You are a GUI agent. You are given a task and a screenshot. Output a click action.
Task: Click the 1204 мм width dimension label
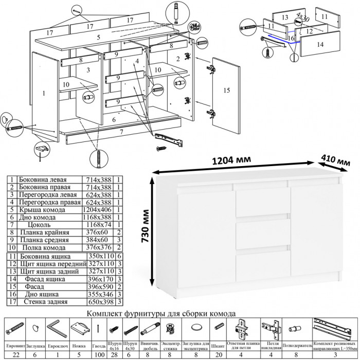pyautogui.click(x=232, y=160)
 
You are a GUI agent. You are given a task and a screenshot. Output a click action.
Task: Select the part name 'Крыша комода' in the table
pyautogui.click(x=41, y=210)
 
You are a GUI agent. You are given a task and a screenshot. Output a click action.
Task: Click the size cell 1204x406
pyautogui.click(x=99, y=210)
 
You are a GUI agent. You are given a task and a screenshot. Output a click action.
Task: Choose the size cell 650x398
pyautogui.click(x=99, y=300)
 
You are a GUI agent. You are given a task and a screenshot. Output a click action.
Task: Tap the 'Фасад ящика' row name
pyautogui.click(x=41, y=278)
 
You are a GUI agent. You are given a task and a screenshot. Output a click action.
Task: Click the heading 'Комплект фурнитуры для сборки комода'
pyautogui.click(x=162, y=313)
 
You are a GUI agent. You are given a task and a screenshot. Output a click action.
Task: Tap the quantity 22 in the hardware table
pyautogui.click(x=15, y=355)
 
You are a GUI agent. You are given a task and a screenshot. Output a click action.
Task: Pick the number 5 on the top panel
pyautogui.click(x=98, y=38)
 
